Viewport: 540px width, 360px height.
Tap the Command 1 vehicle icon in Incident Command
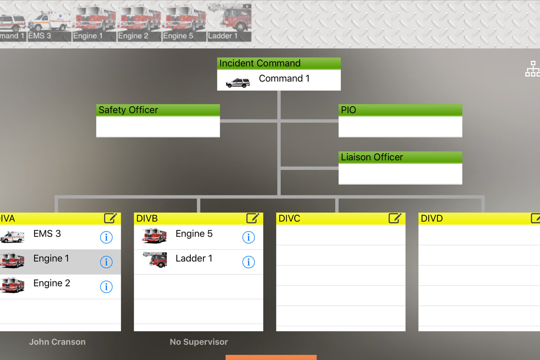(238, 82)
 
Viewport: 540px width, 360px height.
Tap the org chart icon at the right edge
(532, 69)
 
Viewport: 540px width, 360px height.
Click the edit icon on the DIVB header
(252, 218)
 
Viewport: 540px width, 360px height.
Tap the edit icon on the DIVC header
(395, 218)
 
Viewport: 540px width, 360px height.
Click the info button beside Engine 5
(248, 237)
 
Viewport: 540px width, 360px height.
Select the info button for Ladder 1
(248, 262)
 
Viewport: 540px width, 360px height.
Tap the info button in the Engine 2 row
(106, 287)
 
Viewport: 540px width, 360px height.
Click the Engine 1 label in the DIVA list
(51, 259)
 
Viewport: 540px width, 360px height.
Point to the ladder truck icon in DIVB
(155, 260)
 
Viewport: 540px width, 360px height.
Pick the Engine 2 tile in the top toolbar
(139, 23)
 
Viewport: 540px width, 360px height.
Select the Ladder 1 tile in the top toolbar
(229, 23)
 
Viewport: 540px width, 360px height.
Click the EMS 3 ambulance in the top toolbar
(49, 23)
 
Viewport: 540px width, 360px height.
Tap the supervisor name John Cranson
(57, 342)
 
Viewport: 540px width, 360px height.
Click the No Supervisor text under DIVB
(199, 342)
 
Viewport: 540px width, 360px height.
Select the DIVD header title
(432, 219)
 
